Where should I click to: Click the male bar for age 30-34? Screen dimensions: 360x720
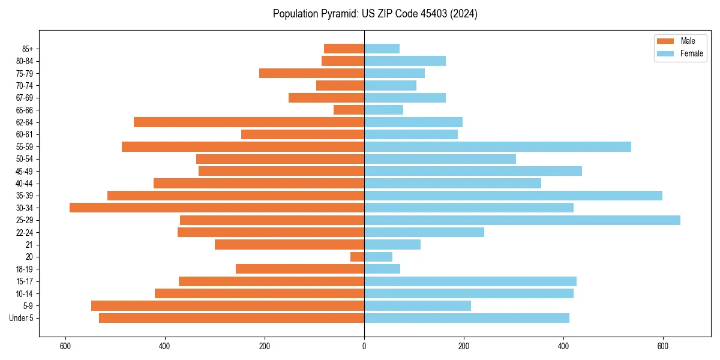(217, 208)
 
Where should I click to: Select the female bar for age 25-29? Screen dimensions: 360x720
(522, 220)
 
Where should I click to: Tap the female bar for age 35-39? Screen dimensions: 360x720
(513, 196)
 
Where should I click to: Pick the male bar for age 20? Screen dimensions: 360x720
(358, 257)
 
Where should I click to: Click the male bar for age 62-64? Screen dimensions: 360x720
(249, 122)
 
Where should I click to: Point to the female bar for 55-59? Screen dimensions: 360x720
(497, 146)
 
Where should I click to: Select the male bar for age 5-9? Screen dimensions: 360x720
(227, 306)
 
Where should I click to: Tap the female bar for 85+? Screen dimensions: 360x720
(382, 49)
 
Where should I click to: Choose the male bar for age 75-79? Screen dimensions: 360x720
(311, 73)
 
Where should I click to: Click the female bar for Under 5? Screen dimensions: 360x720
(466, 318)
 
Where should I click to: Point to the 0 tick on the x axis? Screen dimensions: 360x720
(364, 347)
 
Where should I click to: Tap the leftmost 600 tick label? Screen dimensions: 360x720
(65, 347)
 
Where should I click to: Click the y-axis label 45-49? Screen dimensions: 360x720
(25, 171)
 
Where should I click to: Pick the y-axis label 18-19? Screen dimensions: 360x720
(25, 269)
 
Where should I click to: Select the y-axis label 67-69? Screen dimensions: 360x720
(25, 98)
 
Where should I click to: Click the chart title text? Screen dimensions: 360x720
(375, 14)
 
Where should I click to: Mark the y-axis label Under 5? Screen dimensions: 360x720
(22, 318)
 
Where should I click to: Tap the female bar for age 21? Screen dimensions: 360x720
(392, 245)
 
